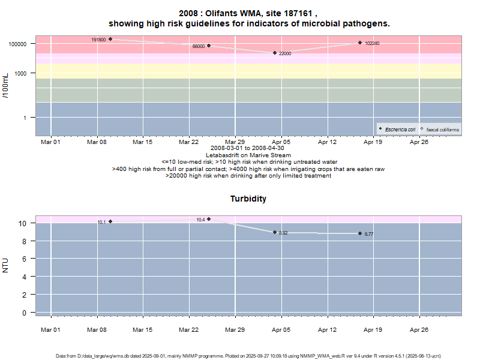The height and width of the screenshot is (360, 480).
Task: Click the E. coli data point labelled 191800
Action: point(110,39)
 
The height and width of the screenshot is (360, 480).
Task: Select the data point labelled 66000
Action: point(209,46)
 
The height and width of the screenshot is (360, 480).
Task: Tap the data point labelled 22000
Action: point(275,53)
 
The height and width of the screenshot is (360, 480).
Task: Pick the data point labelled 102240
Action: point(360,43)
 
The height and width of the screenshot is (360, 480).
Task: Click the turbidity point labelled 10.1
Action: point(110,221)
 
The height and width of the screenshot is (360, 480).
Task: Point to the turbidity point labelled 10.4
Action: point(209,219)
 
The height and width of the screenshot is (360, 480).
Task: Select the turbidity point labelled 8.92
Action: point(275,232)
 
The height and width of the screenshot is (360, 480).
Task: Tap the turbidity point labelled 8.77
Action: point(360,233)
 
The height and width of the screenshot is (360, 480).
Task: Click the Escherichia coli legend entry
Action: point(397,130)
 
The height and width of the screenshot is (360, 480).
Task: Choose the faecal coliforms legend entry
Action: point(440,130)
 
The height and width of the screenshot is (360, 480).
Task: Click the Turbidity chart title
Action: point(248,199)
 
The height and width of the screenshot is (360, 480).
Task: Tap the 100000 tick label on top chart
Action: point(19,44)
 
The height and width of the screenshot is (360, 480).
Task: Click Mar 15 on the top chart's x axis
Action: point(142,142)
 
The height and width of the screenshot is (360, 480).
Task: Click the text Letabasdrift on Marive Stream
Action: point(248,155)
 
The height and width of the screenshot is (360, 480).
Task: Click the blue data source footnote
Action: point(248,356)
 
